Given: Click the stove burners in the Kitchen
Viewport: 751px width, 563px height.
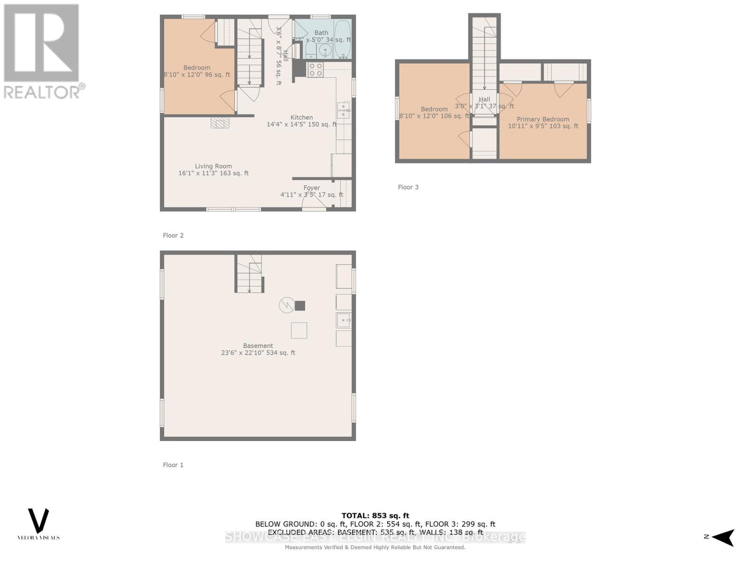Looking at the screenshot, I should point(315,70).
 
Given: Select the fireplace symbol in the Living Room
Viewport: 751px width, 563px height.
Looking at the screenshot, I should point(220,122).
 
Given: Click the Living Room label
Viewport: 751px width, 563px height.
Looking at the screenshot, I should point(214,166).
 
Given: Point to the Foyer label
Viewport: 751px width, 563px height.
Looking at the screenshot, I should point(312,188).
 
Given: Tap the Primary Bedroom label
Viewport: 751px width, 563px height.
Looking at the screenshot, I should point(543,119).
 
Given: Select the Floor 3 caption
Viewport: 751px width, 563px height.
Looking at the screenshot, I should point(408,187).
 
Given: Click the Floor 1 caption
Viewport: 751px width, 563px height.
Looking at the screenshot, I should point(173,465).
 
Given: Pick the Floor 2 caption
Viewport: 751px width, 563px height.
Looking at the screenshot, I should point(173,236).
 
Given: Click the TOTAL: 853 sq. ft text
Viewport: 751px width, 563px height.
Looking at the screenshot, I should point(375,516).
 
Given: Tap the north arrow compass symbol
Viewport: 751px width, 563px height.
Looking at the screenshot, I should point(723,537).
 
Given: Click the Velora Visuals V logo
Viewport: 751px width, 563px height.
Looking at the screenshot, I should point(38,520).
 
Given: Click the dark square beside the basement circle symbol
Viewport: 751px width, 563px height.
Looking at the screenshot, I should point(300,306).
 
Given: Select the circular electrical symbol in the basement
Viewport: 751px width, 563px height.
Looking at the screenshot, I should point(286,305).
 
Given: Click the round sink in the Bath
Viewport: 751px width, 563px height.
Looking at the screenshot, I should point(325,50).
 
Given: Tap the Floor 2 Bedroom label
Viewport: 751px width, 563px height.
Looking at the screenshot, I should point(197,68).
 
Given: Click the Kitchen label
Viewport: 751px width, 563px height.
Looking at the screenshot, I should point(301,117).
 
